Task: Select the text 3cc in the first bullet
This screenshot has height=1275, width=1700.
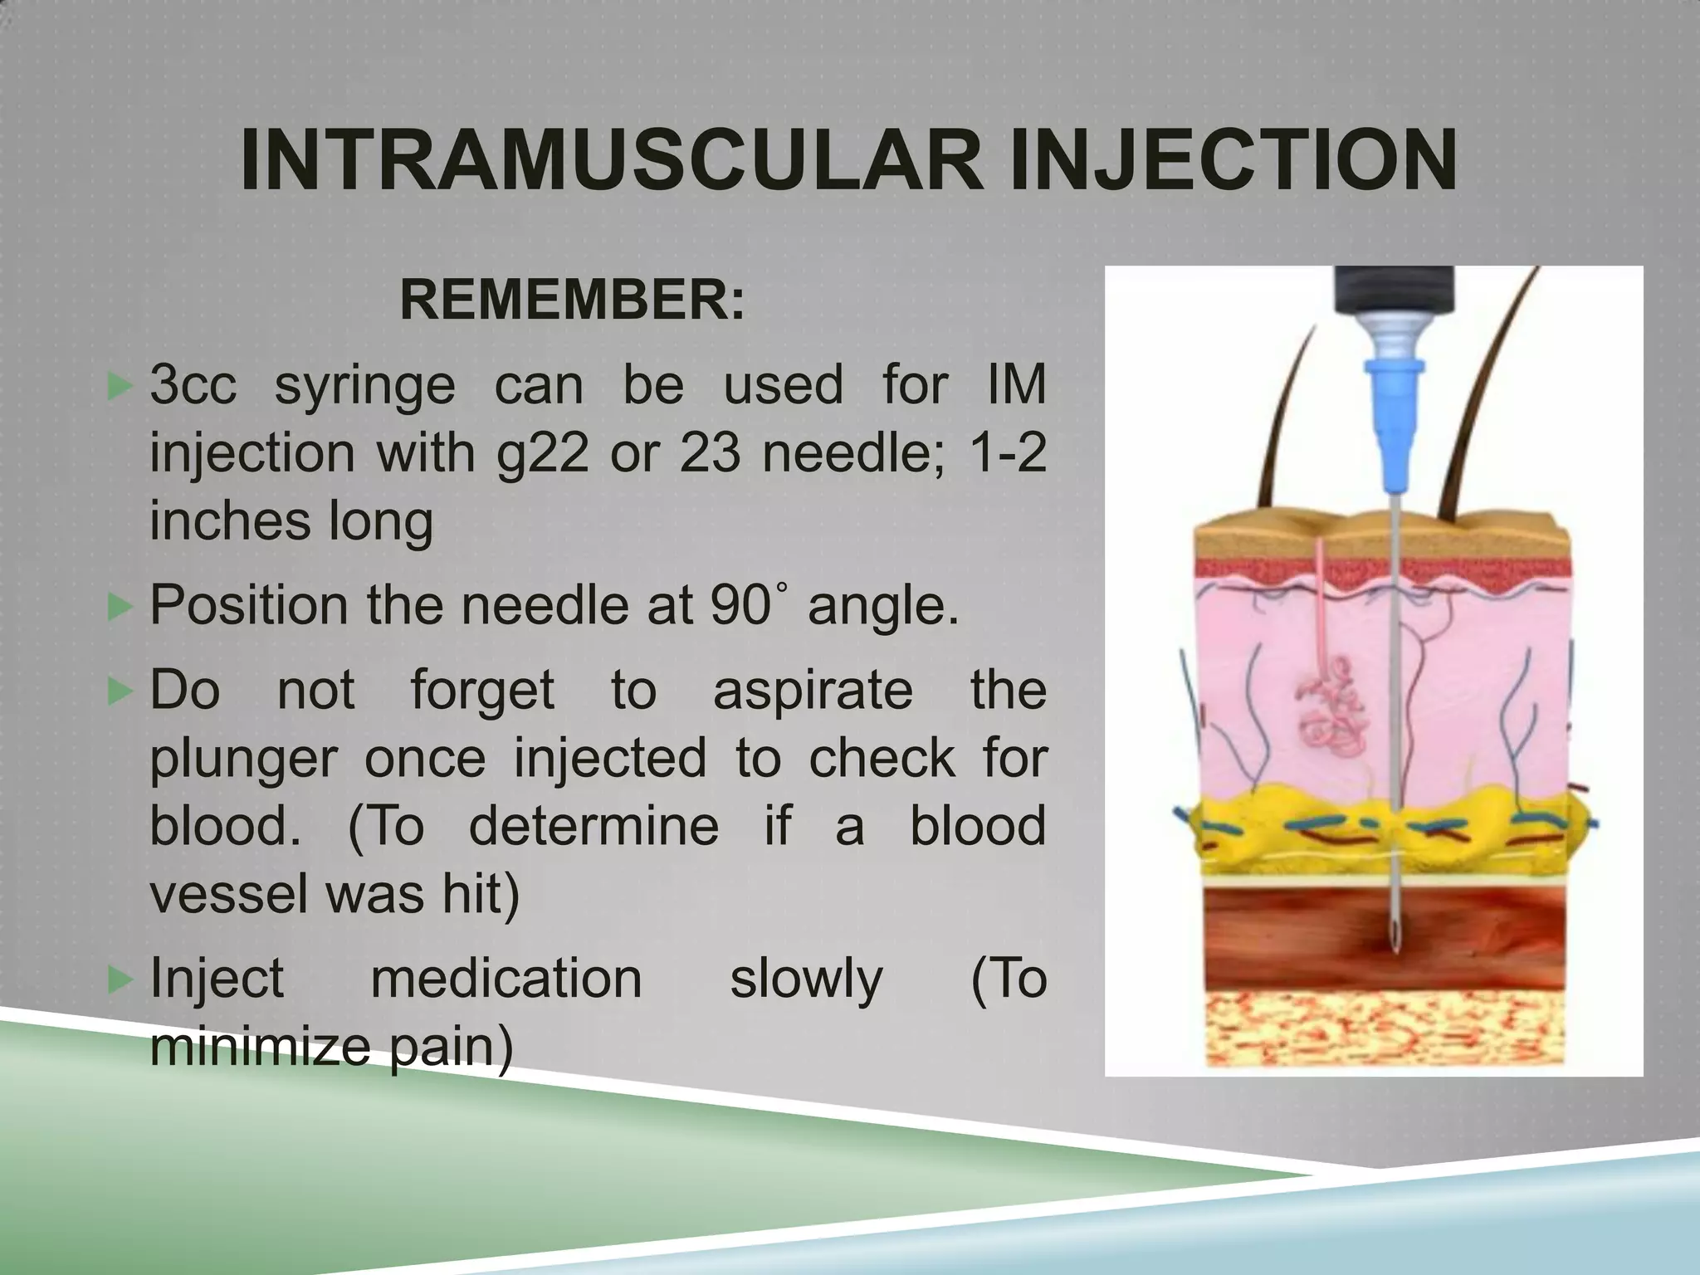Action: pyautogui.click(x=193, y=385)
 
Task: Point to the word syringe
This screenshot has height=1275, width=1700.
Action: pyautogui.click(x=365, y=387)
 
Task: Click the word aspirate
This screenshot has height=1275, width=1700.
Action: pyautogui.click(x=813, y=691)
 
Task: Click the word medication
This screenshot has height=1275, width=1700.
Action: pyautogui.click(x=506, y=979)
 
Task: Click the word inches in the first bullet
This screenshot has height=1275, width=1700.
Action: pyautogui.click(x=224, y=522)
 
